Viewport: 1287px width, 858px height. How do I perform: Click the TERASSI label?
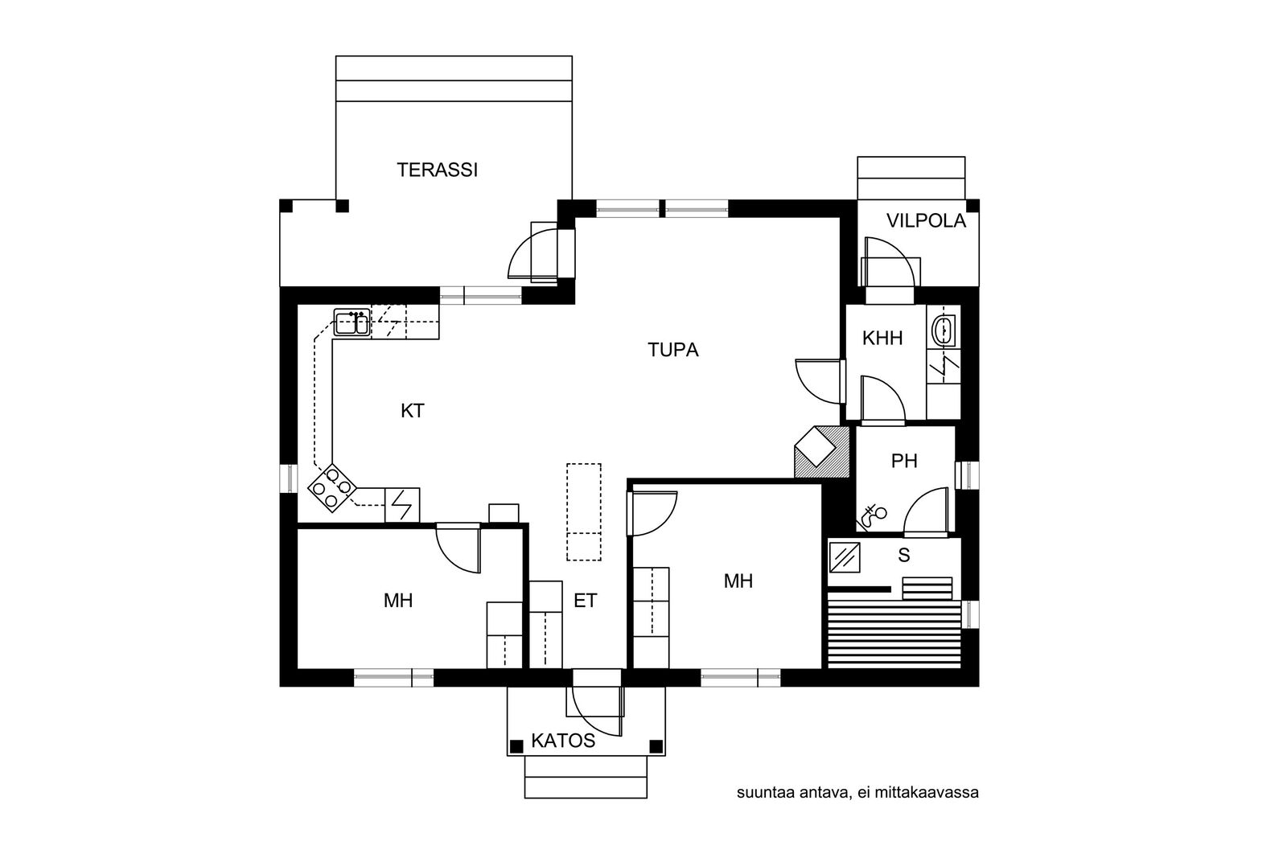438,170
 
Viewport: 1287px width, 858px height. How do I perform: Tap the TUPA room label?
672,350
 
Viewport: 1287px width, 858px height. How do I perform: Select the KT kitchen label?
413,411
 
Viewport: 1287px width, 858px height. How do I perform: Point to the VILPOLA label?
926,221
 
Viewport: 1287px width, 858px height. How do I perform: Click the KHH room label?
882,339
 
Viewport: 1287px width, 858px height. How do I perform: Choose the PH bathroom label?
904,461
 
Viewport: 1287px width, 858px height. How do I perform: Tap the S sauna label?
904,556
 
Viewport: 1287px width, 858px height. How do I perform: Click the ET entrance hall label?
586,601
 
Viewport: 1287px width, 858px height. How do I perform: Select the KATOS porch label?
563,741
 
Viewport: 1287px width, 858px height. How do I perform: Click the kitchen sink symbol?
352,322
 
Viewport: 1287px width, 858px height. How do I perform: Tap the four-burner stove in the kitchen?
333,487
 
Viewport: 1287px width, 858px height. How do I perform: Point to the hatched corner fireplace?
821,451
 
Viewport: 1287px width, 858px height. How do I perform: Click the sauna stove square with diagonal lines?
845,557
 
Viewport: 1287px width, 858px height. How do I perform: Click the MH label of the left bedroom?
398,601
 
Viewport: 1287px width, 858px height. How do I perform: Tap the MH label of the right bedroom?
738,581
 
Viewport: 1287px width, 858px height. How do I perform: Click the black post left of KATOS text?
516,746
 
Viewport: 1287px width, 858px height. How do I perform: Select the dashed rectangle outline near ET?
584,511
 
